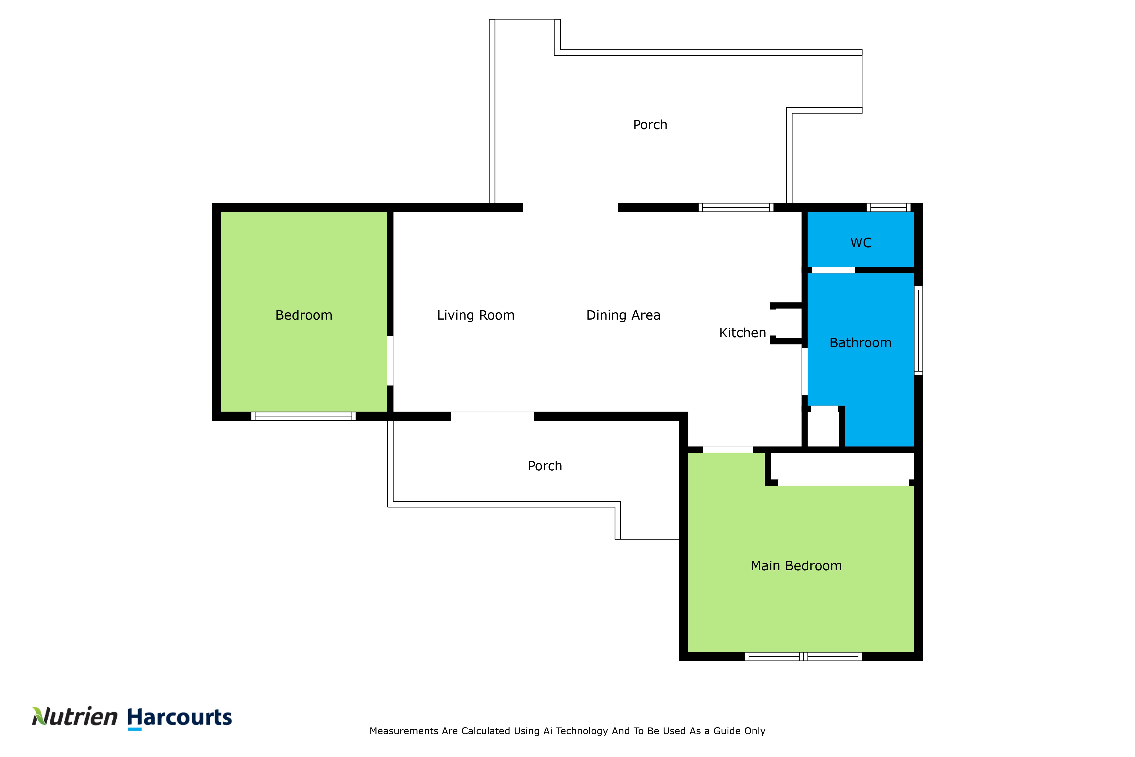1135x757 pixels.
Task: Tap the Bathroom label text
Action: (x=860, y=343)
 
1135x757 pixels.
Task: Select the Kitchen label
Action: (x=742, y=333)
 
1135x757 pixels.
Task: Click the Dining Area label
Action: (x=623, y=315)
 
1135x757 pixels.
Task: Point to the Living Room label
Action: (x=475, y=315)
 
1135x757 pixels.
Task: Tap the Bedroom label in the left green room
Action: (x=304, y=315)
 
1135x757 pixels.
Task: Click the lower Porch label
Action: (x=545, y=466)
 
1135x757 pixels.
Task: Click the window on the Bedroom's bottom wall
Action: (x=304, y=416)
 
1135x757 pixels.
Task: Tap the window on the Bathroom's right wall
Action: (x=918, y=331)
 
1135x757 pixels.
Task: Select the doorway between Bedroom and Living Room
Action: (x=390, y=361)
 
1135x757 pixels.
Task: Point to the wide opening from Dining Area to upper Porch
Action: (x=570, y=207)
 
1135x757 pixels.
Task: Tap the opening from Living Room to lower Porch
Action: (x=492, y=416)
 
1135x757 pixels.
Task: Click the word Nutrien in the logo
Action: (x=75, y=717)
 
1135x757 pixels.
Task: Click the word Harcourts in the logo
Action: (x=180, y=717)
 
